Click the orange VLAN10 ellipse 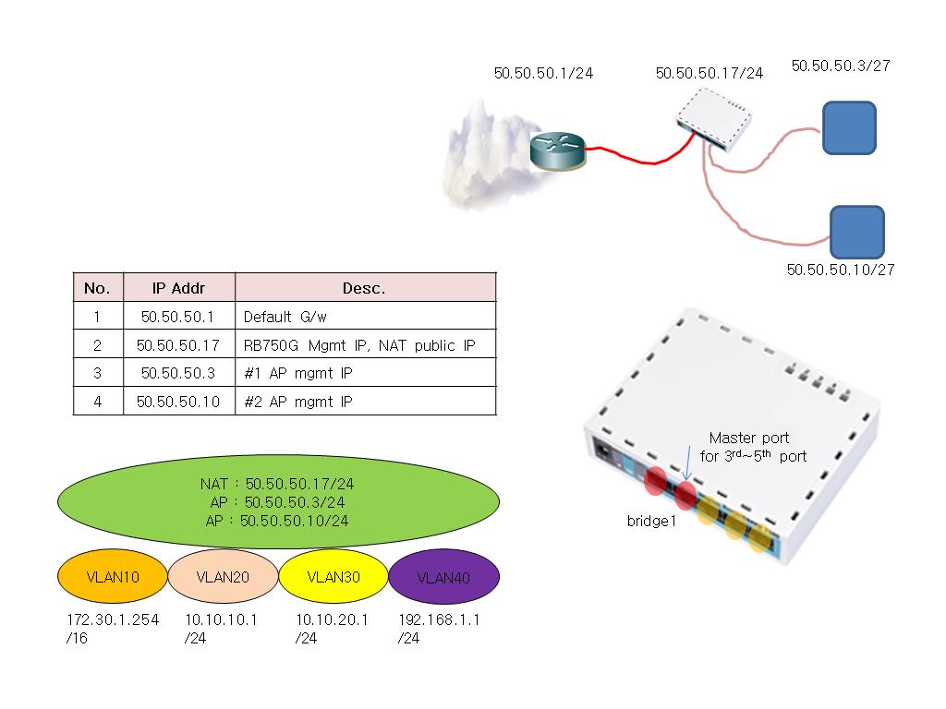(x=112, y=577)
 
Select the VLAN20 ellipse (x=223, y=577)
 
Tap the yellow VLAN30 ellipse (x=333, y=577)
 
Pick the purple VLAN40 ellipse (x=443, y=578)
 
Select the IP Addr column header (x=178, y=288)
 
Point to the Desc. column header (x=365, y=288)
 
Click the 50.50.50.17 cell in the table (x=178, y=345)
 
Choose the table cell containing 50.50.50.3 (x=178, y=373)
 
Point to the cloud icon (x=480, y=152)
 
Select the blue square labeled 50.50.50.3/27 (x=849, y=126)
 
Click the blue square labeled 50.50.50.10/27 (x=856, y=232)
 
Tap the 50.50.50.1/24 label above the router (x=543, y=73)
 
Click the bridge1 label (x=652, y=521)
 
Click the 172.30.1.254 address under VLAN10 (x=113, y=619)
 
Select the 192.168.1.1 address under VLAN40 (x=439, y=619)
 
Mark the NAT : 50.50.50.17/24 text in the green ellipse (x=278, y=484)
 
